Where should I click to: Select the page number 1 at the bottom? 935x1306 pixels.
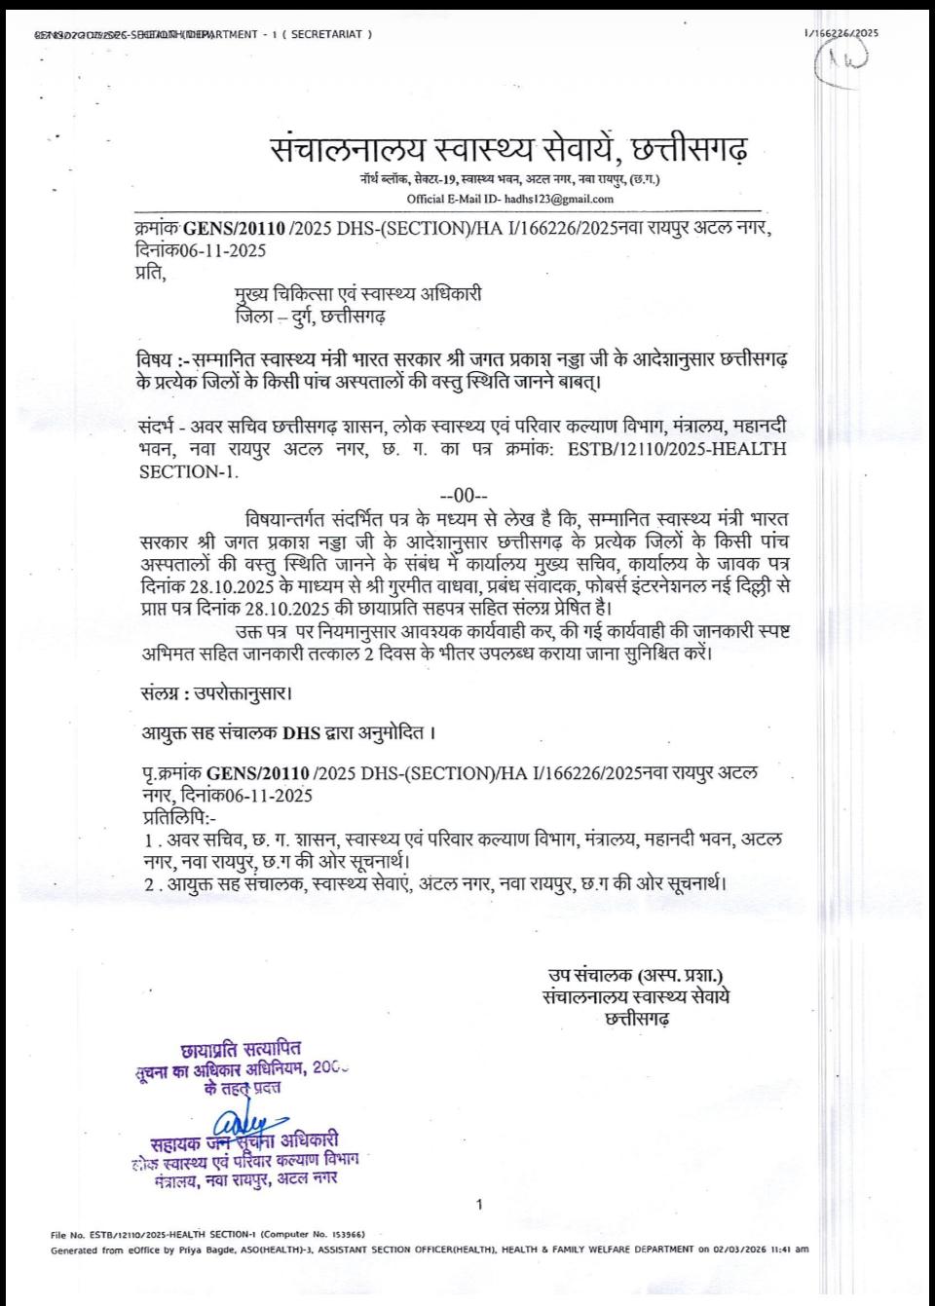coord(479,1206)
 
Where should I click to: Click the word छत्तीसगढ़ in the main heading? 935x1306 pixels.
coord(692,150)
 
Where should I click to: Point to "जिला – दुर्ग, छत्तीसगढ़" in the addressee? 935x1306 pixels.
coord(310,318)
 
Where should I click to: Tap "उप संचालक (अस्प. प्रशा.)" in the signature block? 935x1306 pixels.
coord(636,976)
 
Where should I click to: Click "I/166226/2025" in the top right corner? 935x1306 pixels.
coord(841,33)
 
